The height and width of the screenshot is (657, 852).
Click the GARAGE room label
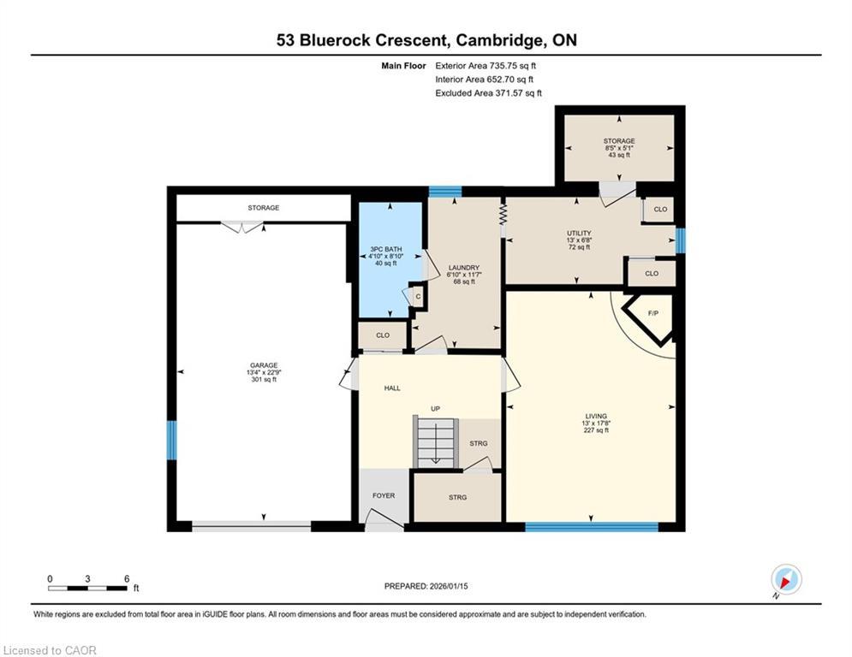263,365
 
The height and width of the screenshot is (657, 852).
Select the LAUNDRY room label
462,267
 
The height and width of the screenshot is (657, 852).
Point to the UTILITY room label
578,233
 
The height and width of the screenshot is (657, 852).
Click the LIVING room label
591,416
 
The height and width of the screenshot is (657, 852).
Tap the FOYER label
383,495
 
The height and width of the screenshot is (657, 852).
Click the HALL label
392,388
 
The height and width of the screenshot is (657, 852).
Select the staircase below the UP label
436,441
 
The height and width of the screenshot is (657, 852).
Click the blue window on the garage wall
171,440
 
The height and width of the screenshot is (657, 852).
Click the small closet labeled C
418,296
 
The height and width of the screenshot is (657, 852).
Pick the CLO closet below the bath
382,335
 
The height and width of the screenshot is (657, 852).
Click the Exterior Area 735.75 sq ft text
487,65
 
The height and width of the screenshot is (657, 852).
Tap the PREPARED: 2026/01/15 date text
431,586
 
